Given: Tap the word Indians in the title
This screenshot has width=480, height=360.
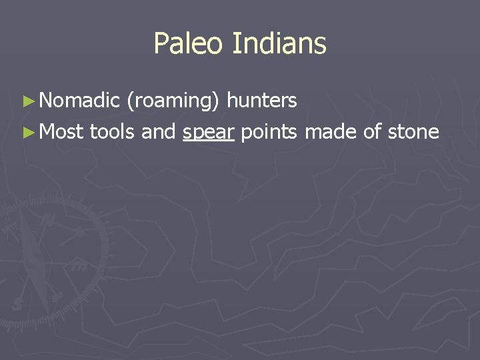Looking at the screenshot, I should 279,44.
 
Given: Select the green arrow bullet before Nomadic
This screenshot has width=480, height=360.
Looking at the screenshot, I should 27,101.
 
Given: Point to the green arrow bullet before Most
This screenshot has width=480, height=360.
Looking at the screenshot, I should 27,133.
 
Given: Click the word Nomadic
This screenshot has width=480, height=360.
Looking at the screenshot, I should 79,101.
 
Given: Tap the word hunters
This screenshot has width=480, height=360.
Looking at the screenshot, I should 262,101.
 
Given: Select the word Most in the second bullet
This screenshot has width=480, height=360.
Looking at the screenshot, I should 61,132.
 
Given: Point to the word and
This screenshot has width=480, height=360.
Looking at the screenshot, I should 159,132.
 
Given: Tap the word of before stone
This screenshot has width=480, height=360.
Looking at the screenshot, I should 372,132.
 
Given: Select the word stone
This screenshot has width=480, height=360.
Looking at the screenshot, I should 413,132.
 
